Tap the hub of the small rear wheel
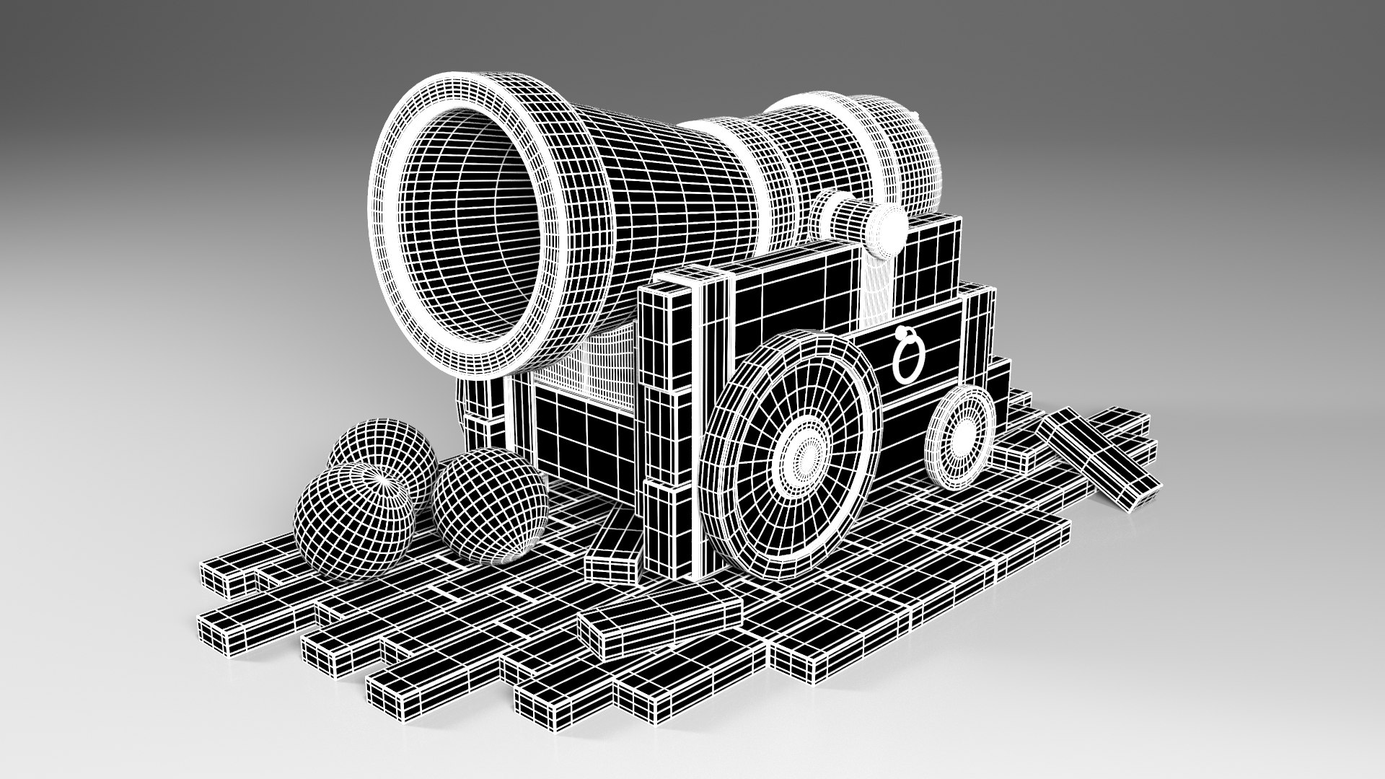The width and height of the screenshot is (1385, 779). [962, 435]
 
